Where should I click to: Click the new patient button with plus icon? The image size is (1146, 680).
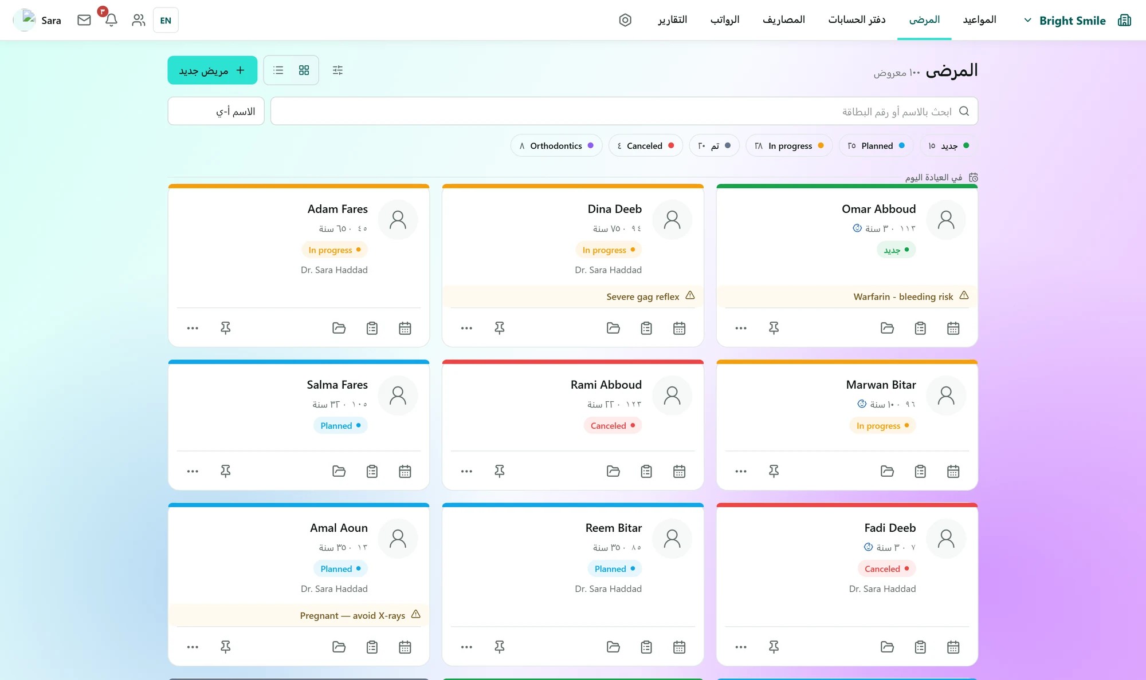[212, 70]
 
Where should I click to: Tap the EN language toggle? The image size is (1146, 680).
[166, 20]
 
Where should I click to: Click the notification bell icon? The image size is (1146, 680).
[111, 20]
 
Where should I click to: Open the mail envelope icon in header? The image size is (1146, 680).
[84, 20]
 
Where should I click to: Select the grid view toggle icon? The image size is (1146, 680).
[304, 70]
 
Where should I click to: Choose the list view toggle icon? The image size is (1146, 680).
[278, 70]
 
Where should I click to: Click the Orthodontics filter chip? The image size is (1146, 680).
[556, 146]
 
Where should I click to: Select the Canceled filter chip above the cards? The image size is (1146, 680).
[645, 146]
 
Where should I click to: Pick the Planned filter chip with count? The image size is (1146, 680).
[876, 146]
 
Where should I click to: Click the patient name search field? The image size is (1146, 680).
[624, 111]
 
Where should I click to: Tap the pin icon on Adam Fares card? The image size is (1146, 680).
[226, 328]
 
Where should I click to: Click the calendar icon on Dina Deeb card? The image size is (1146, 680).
[680, 328]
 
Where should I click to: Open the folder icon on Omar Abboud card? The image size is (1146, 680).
[888, 328]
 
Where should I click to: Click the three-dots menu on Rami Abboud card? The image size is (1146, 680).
[467, 471]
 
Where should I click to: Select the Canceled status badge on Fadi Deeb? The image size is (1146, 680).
[887, 569]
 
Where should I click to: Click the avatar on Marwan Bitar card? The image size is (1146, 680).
[946, 396]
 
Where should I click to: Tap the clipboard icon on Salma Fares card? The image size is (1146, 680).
[372, 471]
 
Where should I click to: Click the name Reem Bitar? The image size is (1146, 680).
[614, 528]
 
